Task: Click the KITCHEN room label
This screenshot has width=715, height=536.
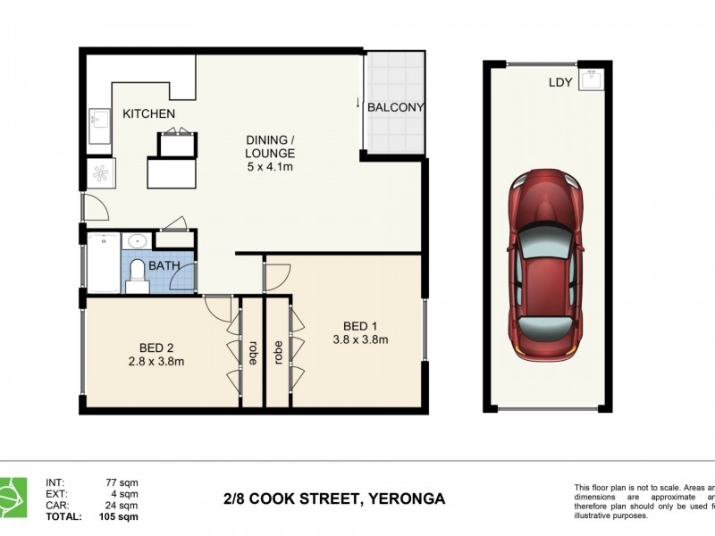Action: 148,113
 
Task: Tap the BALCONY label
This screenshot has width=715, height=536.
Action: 395,107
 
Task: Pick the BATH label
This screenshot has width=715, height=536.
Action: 164,266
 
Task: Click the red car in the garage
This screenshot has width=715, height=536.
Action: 544,264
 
